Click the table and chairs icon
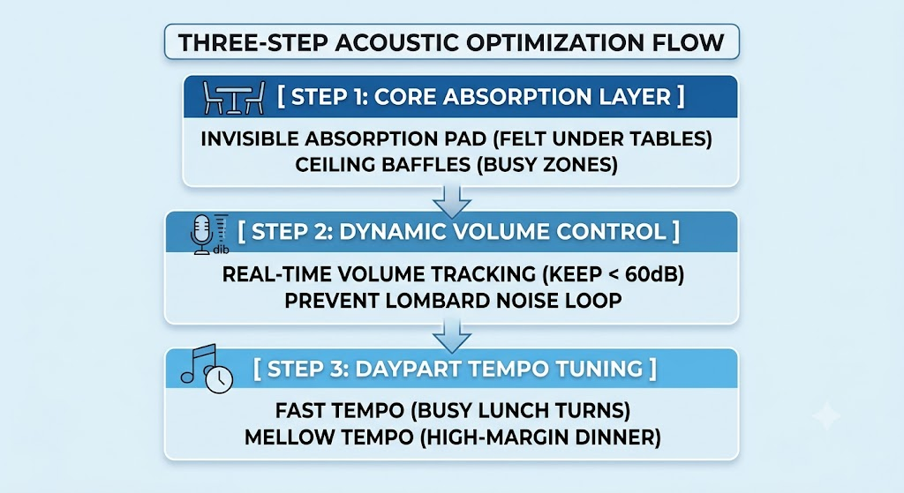[x=234, y=98]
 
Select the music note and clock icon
[x=207, y=369]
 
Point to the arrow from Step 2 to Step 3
[x=452, y=336]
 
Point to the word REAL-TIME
[x=274, y=274]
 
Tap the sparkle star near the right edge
[x=826, y=415]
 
